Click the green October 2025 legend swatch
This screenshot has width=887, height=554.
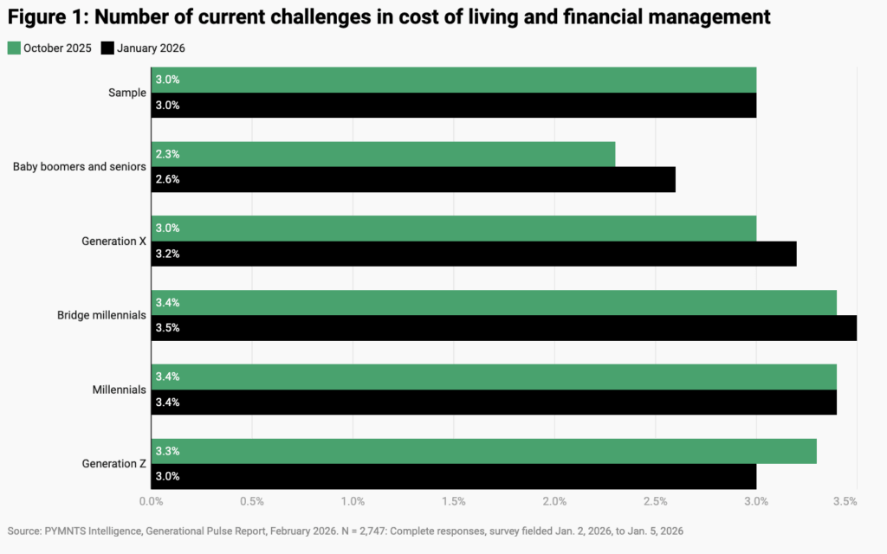click(x=13, y=48)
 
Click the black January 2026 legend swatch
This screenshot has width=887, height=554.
click(x=108, y=48)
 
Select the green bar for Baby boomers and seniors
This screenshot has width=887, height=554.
click(x=383, y=154)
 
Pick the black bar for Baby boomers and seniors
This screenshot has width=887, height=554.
click(x=413, y=179)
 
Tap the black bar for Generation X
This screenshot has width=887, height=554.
click(x=474, y=254)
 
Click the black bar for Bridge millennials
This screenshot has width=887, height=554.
click(x=504, y=328)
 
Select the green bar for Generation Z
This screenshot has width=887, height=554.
click(x=483, y=451)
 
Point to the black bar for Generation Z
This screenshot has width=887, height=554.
click(x=453, y=476)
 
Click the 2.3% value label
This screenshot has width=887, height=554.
click(x=167, y=154)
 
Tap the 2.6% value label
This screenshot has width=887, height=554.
click(x=167, y=179)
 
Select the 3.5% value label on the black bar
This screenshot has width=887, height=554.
click(x=167, y=328)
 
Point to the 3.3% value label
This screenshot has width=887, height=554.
click(x=167, y=451)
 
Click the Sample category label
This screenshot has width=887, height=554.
click(x=127, y=93)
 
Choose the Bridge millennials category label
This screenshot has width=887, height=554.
click(x=96, y=315)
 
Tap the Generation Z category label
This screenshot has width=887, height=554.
click(x=114, y=464)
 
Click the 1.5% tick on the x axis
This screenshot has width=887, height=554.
click(x=453, y=501)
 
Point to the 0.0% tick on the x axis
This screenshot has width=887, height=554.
click(x=152, y=501)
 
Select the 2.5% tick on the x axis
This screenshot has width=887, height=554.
click(x=655, y=501)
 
